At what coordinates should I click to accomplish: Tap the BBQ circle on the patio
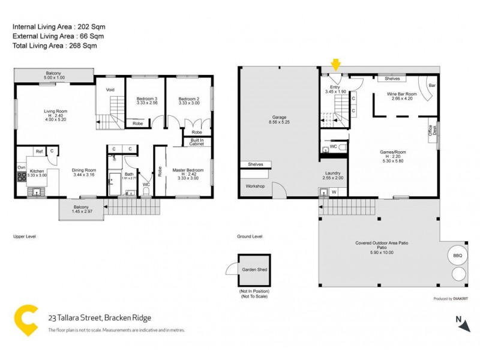(x=457, y=255)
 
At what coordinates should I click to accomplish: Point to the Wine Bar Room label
(x=401, y=94)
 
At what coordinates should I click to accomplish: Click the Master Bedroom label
(x=188, y=170)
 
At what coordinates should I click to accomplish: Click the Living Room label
(x=55, y=111)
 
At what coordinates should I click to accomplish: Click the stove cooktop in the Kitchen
(x=22, y=176)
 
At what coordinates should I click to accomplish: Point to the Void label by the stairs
(x=110, y=90)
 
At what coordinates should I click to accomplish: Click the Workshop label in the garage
(x=255, y=186)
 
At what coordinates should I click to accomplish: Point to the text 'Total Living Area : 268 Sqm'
(x=55, y=46)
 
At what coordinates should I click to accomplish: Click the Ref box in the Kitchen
(x=38, y=151)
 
